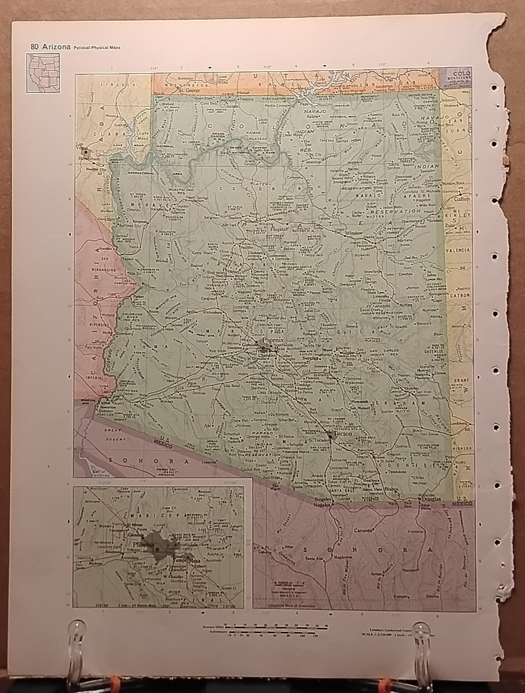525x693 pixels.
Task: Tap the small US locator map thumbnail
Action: pos(43,73)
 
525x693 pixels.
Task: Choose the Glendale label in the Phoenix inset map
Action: pos(136,533)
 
